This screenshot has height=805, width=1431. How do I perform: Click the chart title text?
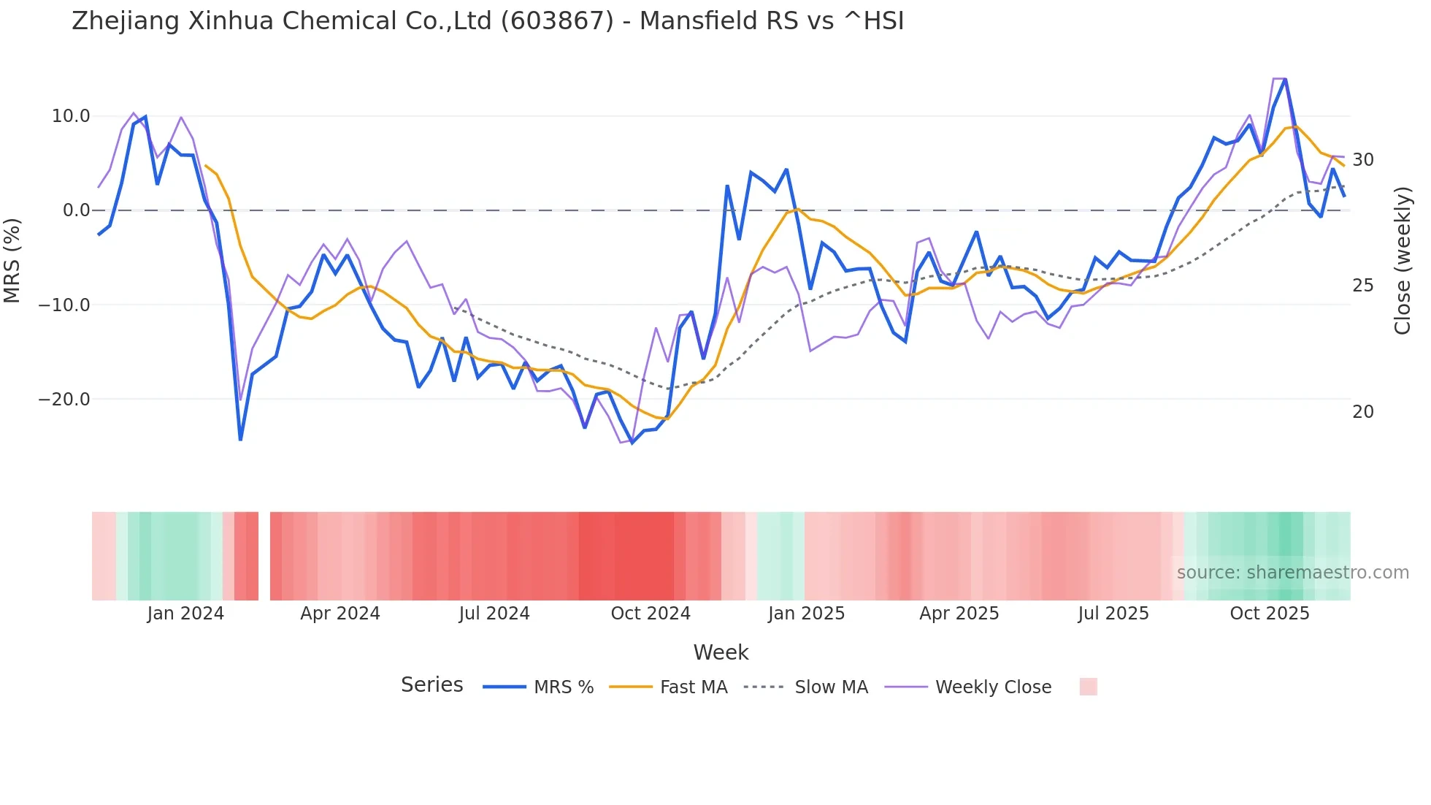[x=488, y=21]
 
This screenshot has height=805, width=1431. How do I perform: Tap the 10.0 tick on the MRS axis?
[x=71, y=116]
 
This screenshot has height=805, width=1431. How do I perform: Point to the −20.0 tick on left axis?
[x=64, y=400]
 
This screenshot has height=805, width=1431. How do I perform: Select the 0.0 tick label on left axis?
[x=77, y=210]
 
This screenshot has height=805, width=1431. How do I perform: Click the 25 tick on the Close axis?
[x=1363, y=286]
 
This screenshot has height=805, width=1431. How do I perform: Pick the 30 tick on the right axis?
[x=1363, y=159]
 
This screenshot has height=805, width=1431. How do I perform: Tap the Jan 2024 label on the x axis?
[x=185, y=614]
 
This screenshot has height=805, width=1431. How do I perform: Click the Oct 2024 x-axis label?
[x=651, y=614]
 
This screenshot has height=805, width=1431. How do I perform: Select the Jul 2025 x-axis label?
[x=1113, y=614]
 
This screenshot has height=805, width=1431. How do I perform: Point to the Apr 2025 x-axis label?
[x=959, y=614]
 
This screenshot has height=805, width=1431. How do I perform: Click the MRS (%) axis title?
[x=12, y=260]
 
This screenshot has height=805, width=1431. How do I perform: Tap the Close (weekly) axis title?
[x=1403, y=261]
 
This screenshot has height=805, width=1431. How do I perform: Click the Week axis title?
[x=721, y=652]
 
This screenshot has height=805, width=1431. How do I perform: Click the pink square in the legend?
[x=1088, y=687]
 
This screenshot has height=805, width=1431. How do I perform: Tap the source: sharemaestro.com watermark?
[x=1292, y=573]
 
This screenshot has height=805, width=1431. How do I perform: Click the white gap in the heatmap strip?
[x=264, y=556]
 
